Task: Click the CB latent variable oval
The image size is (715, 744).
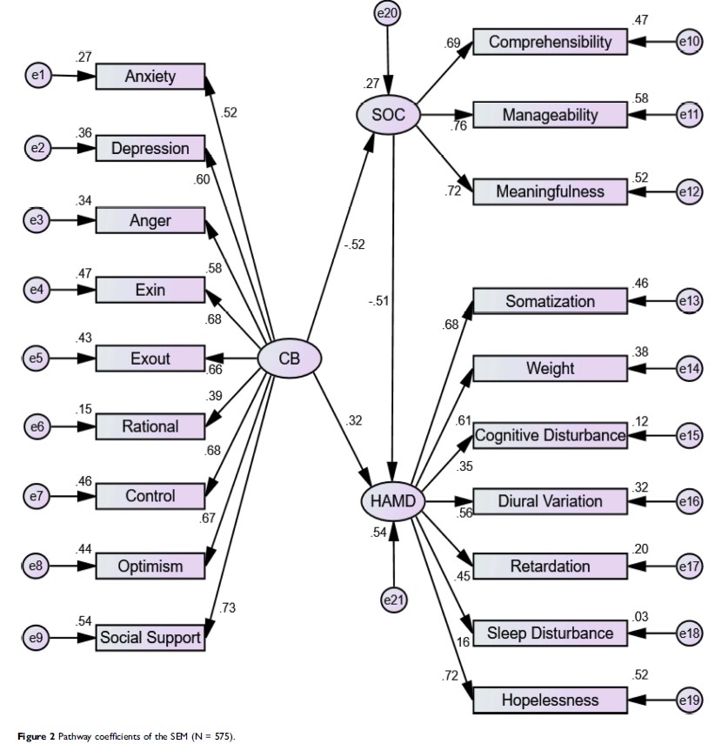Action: point(291,358)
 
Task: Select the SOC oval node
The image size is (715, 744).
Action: point(389,114)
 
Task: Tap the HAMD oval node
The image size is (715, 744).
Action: point(393,501)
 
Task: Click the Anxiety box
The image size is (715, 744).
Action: point(150,77)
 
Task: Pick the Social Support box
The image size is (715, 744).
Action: point(150,638)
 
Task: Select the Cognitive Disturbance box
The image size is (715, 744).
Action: point(550,434)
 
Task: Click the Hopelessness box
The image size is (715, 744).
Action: point(550,700)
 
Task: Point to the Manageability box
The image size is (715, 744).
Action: point(550,115)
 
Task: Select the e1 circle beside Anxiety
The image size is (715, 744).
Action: point(36,77)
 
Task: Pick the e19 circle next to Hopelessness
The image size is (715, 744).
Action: point(689,700)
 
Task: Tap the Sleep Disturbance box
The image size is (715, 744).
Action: point(550,633)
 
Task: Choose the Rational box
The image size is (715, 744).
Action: point(150,426)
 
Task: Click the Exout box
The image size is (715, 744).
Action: point(150,358)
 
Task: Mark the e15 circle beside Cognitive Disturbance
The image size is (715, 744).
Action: point(689,434)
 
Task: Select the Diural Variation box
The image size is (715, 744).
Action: point(550,501)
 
